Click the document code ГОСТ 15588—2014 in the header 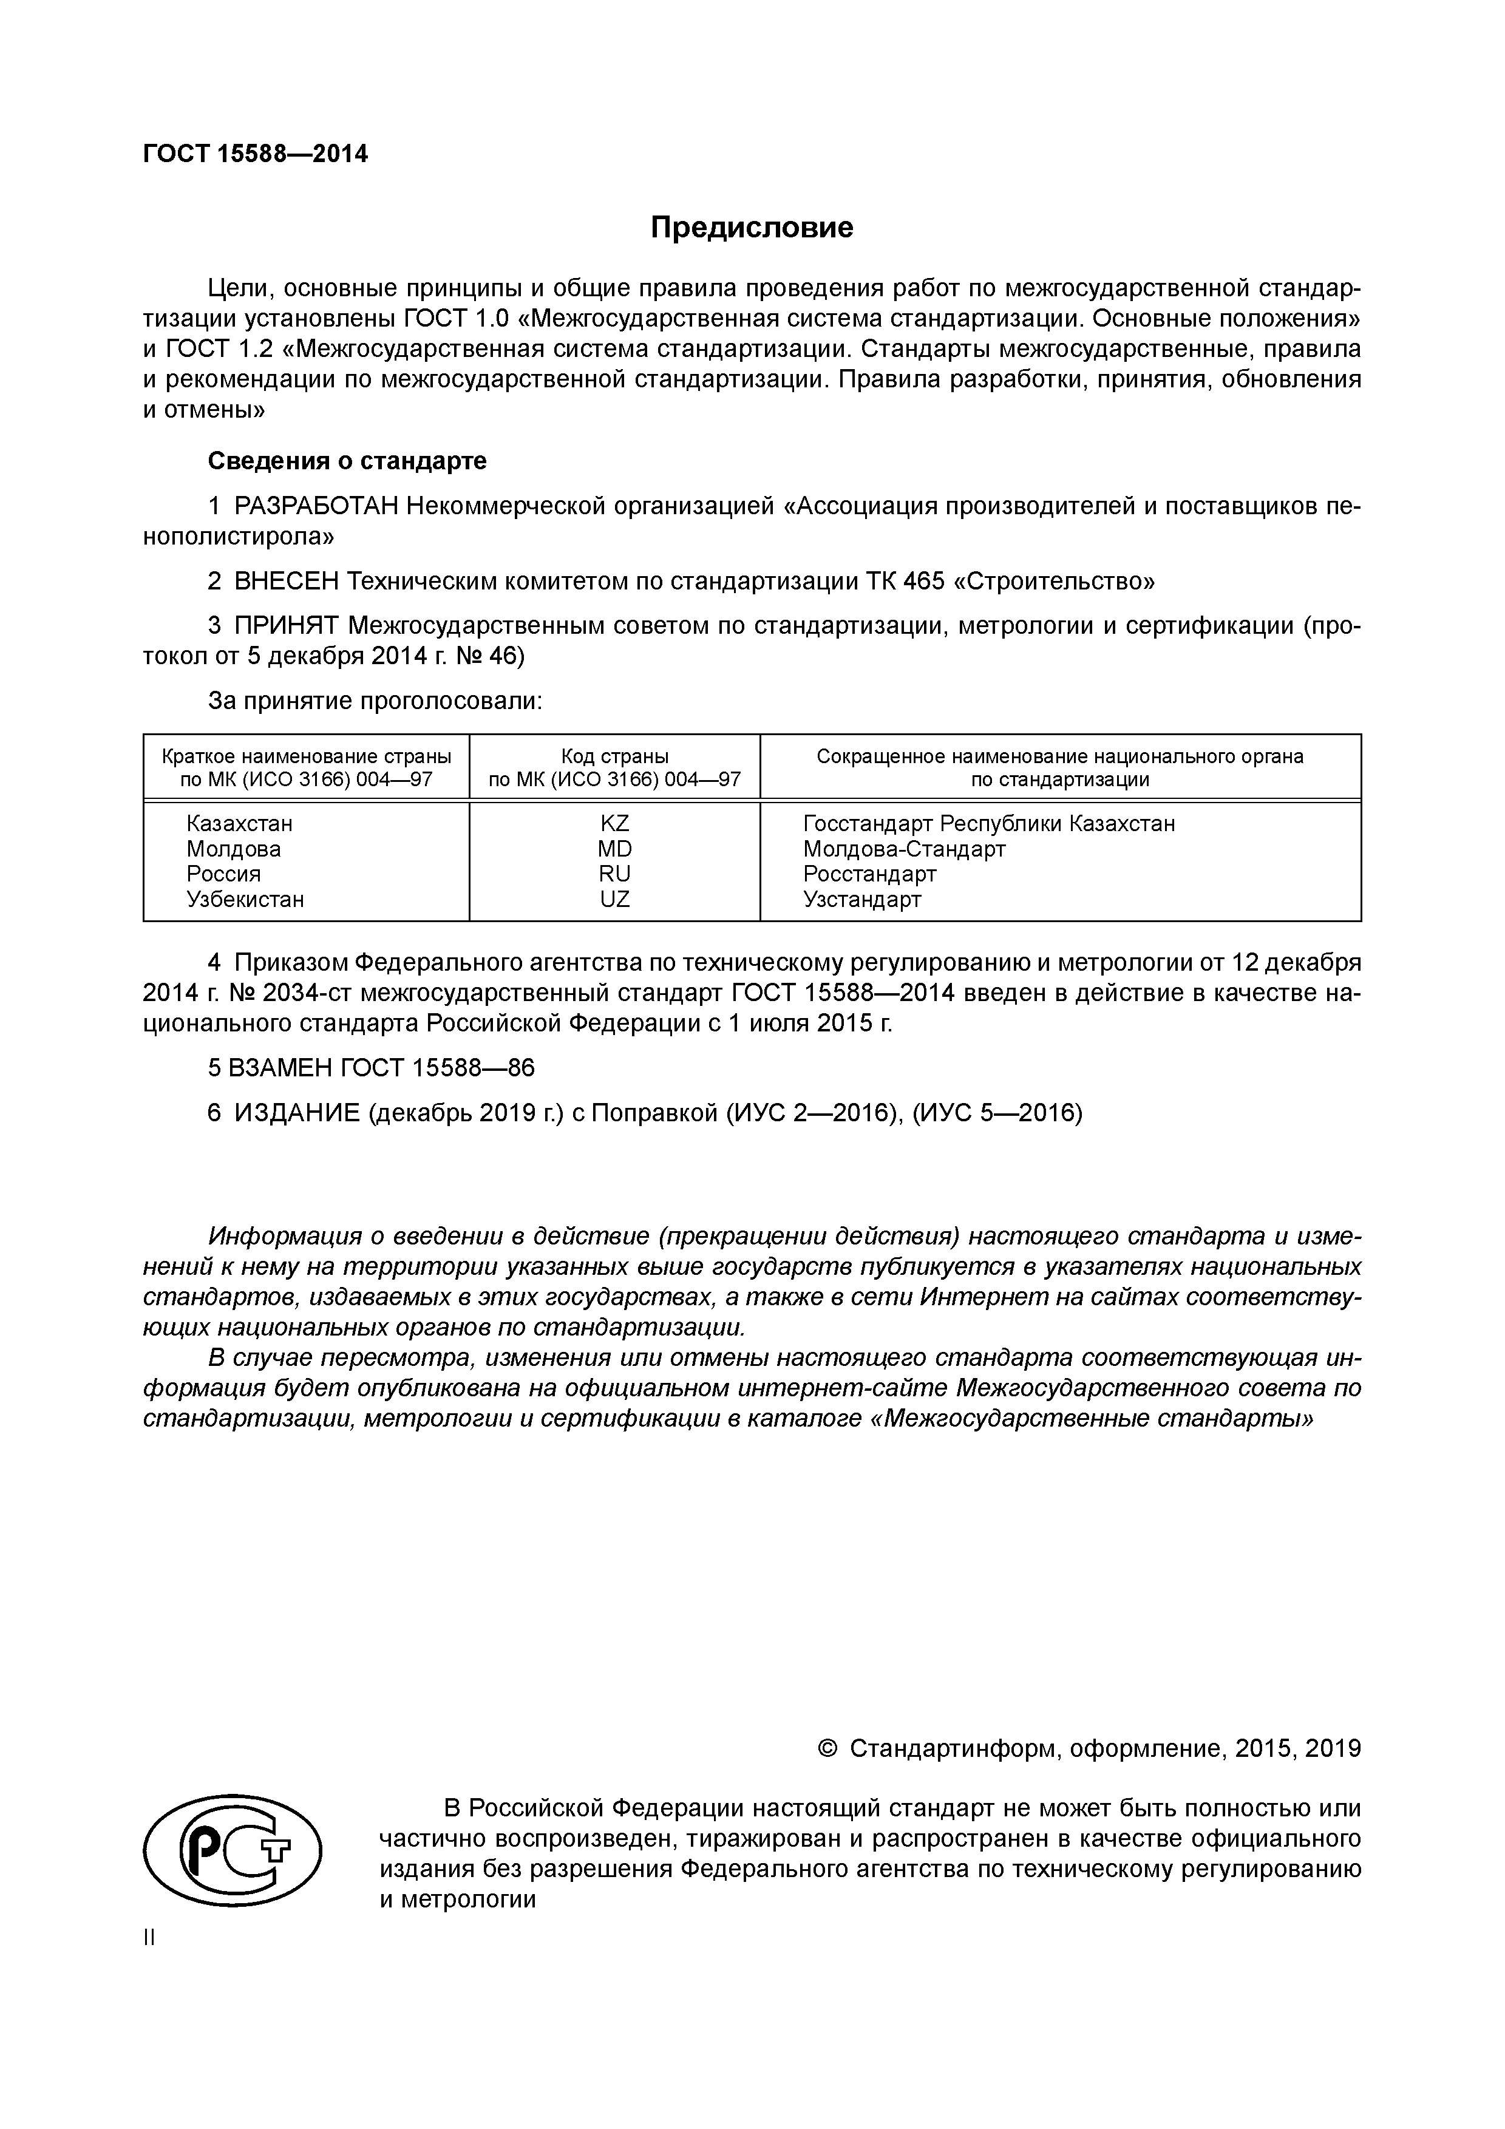click(x=255, y=154)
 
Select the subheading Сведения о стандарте click(x=347, y=461)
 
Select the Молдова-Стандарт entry click(x=903, y=849)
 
